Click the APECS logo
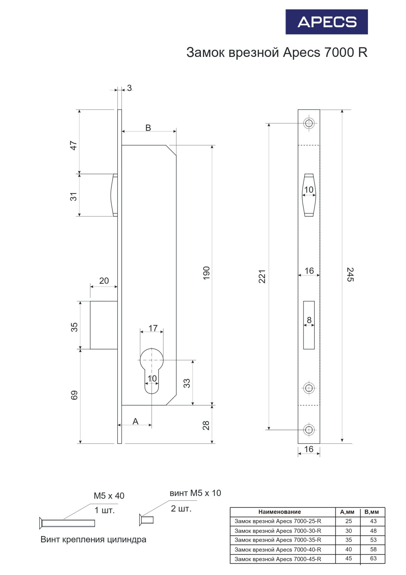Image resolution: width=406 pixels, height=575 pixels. click(x=326, y=22)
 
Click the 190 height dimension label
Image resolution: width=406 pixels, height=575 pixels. click(x=206, y=273)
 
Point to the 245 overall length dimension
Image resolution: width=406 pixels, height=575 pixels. click(x=350, y=274)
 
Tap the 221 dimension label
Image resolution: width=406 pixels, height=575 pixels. click(x=262, y=276)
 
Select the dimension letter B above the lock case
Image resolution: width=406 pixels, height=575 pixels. click(x=148, y=128)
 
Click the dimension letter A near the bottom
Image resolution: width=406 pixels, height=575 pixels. click(x=136, y=421)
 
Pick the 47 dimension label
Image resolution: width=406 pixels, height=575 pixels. click(x=74, y=146)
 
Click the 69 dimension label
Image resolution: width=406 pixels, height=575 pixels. click(x=74, y=395)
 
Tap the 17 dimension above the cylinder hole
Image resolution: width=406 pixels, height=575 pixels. click(x=153, y=328)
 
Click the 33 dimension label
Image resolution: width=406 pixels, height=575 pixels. click(x=187, y=383)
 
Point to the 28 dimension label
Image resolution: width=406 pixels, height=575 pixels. click(x=206, y=426)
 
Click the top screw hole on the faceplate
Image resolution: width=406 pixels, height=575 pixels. click(x=309, y=123)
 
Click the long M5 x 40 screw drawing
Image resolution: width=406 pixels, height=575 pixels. click(x=67, y=523)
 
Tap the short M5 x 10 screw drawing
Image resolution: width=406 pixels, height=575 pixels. click(x=146, y=520)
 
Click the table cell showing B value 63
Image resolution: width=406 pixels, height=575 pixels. click(x=373, y=558)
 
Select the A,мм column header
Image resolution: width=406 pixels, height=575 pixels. click(x=347, y=512)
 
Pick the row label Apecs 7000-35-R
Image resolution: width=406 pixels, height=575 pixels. click(x=278, y=540)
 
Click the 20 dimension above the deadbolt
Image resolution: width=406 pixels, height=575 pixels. click(x=104, y=281)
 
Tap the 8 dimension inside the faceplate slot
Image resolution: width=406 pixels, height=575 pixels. click(x=309, y=320)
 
